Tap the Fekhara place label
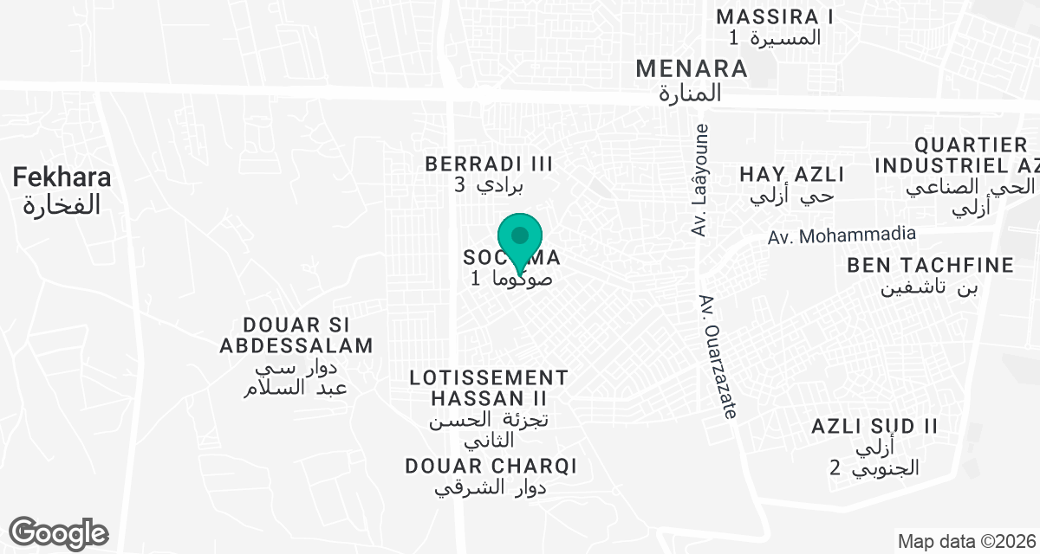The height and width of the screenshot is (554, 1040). pyautogui.click(x=62, y=178)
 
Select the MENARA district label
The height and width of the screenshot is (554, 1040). pyautogui.click(x=691, y=68)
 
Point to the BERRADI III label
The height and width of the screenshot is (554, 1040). pyautogui.click(x=489, y=164)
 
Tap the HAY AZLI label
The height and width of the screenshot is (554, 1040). pyautogui.click(x=792, y=174)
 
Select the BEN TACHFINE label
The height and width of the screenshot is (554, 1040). pyautogui.click(x=931, y=265)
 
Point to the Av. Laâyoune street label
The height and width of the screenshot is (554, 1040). pyautogui.click(x=701, y=180)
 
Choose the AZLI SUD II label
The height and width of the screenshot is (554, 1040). pyautogui.click(x=875, y=426)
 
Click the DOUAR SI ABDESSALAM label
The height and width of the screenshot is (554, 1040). pyautogui.click(x=296, y=335)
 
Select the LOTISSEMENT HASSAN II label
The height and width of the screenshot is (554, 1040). pyautogui.click(x=489, y=388)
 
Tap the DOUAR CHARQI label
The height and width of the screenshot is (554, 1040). pyautogui.click(x=491, y=466)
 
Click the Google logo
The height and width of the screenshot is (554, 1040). pyautogui.click(x=58, y=532)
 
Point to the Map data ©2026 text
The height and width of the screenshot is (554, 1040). pyautogui.click(x=966, y=542)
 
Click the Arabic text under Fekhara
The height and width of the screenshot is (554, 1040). pyautogui.click(x=62, y=205)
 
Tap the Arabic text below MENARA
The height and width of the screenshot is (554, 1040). pyautogui.click(x=690, y=94)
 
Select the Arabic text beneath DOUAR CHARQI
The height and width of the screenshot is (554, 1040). pyautogui.click(x=491, y=487)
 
